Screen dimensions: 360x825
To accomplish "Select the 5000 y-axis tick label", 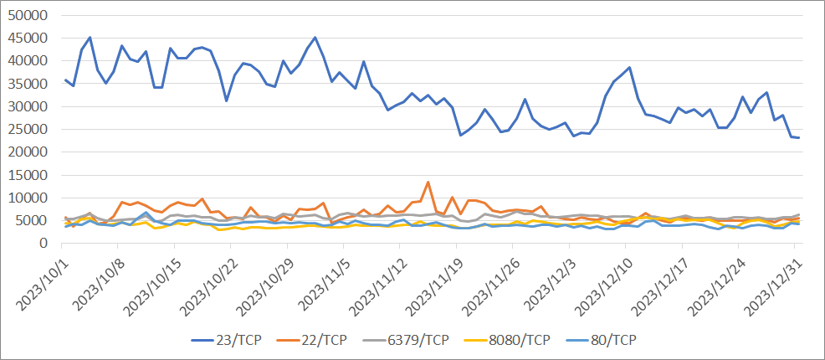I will pyautogui.click(x=36, y=221).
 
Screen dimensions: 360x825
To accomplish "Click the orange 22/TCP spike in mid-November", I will pyautogui.click(x=428, y=182).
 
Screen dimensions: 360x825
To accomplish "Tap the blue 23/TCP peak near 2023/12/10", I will pyautogui.click(x=629, y=68).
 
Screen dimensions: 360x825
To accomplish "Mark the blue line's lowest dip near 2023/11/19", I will pyautogui.click(x=460, y=135).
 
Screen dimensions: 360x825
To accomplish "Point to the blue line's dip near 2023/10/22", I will pyautogui.click(x=227, y=100).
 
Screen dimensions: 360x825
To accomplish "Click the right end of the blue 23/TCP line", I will pyautogui.click(x=799, y=137).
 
